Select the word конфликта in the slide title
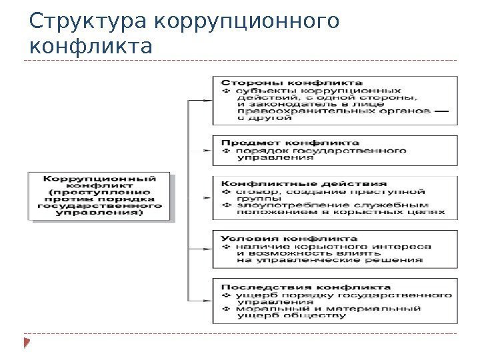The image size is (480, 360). click(91, 48)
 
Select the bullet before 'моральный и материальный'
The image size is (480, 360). click(225, 309)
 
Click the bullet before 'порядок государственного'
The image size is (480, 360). click(225, 151)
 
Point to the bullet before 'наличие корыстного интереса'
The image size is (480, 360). click(225, 247)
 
